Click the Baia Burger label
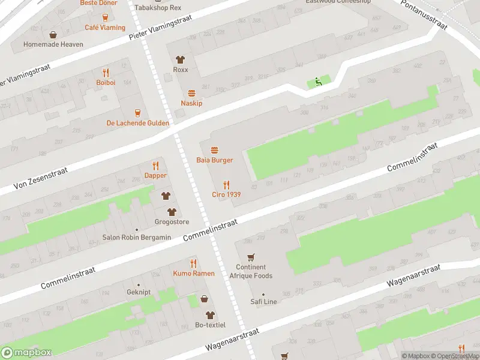(x=214, y=160)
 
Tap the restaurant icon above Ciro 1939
(x=226, y=185)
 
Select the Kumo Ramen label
(x=193, y=273)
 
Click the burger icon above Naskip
(x=191, y=93)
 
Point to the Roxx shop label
(x=180, y=70)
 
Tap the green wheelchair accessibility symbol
(x=318, y=83)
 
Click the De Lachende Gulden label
(x=137, y=123)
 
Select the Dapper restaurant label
(x=155, y=175)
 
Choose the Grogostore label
(x=172, y=221)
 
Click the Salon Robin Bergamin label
(x=136, y=237)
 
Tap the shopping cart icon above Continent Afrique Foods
(x=251, y=257)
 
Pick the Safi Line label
(x=263, y=302)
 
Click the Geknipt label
(x=139, y=293)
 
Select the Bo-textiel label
(x=210, y=325)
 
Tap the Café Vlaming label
(x=105, y=28)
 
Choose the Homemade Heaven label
(x=53, y=44)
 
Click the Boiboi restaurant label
(x=105, y=82)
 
